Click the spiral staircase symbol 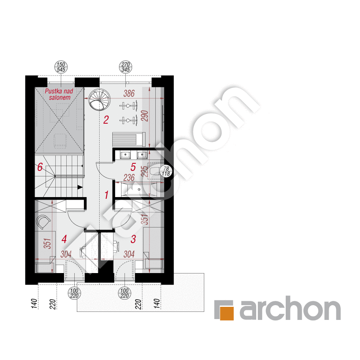(x=100, y=100)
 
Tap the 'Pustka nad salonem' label (x=59, y=95)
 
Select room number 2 (x=106, y=120)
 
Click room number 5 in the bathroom (x=133, y=167)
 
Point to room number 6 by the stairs (x=40, y=167)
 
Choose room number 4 (x=64, y=239)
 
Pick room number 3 (x=133, y=239)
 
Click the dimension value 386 (x=129, y=93)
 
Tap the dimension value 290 (x=145, y=116)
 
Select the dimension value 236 (x=129, y=178)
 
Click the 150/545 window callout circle (x=61, y=67)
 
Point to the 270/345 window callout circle (x=126, y=67)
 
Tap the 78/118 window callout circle (x=166, y=171)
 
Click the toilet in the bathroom (x=154, y=171)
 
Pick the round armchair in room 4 (x=43, y=222)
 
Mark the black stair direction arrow (x=80, y=187)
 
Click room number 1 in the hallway (x=106, y=195)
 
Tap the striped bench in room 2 (x=129, y=139)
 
